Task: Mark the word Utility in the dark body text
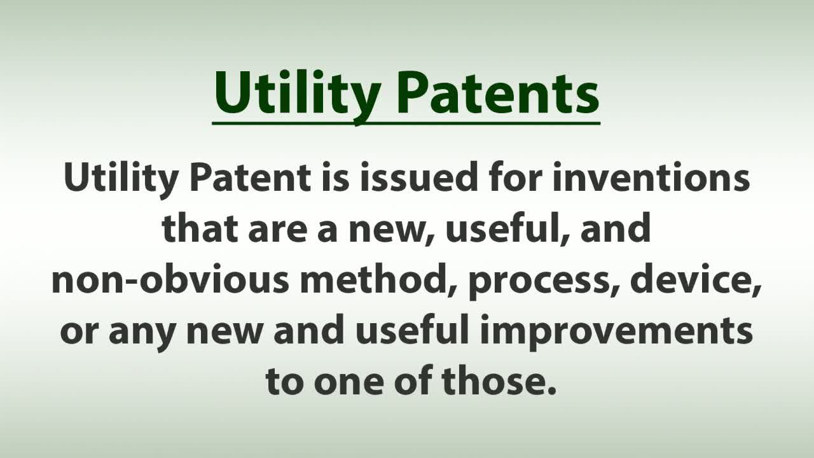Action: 121,179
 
